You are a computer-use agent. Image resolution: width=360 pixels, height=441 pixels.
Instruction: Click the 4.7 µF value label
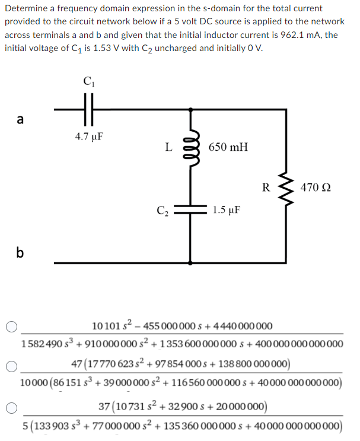90,136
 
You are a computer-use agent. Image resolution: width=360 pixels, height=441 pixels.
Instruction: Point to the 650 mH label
229,147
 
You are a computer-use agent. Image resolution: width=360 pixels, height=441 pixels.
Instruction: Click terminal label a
20,120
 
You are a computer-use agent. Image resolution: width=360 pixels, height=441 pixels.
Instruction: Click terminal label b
20,253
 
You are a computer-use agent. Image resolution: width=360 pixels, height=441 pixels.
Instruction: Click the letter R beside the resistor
266,188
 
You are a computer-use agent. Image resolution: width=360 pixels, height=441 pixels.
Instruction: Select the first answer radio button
11,326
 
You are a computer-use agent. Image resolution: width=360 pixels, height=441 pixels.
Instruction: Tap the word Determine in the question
26,8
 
